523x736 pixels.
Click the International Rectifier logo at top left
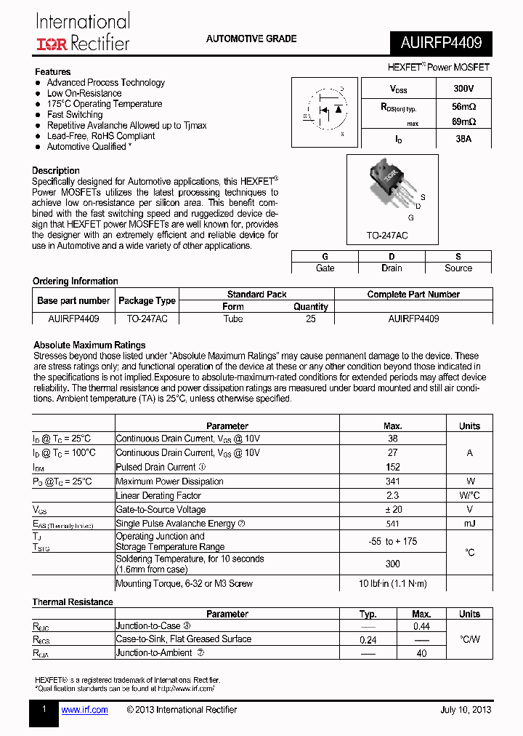pyautogui.click(x=83, y=33)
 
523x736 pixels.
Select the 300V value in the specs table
pyautogui.click(x=463, y=89)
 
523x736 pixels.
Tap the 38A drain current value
pyautogui.click(x=463, y=138)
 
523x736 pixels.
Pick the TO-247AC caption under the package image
pyautogui.click(x=387, y=236)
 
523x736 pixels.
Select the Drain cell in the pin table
pyautogui.click(x=392, y=268)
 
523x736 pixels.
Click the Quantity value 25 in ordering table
pyautogui.click(x=310, y=319)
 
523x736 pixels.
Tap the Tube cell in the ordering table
pyautogui.click(x=233, y=319)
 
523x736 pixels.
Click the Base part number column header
pyautogui.click(x=73, y=300)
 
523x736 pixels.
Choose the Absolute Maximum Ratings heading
pyautogui.click(x=89, y=345)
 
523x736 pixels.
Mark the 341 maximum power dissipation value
pyautogui.click(x=392, y=481)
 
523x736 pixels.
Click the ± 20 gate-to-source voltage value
pyautogui.click(x=392, y=510)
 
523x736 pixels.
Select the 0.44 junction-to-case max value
pyautogui.click(x=421, y=626)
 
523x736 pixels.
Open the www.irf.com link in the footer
pyautogui.click(x=84, y=710)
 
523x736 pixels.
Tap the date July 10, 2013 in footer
pyautogui.click(x=466, y=710)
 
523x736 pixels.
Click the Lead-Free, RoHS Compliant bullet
pyautogui.click(x=100, y=136)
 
